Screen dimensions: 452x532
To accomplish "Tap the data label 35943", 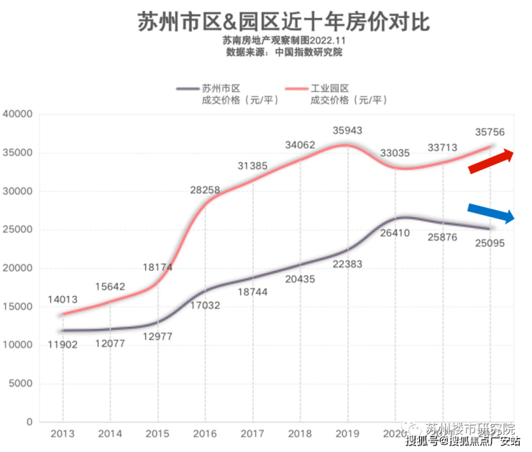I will point(347,130).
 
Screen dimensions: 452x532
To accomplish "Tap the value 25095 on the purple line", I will point(490,243).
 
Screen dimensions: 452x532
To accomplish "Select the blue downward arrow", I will point(490,213).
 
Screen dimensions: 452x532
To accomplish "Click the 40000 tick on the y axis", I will point(18,114).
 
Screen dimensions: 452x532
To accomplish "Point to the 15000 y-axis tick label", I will point(18,307).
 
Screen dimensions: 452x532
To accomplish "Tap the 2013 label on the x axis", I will point(63,434).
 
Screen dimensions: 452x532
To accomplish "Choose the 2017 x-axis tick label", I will point(252,434).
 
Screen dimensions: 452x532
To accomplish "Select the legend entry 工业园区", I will point(329,88).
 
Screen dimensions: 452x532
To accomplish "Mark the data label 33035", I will point(395,153).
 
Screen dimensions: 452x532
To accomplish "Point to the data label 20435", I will point(300,279).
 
